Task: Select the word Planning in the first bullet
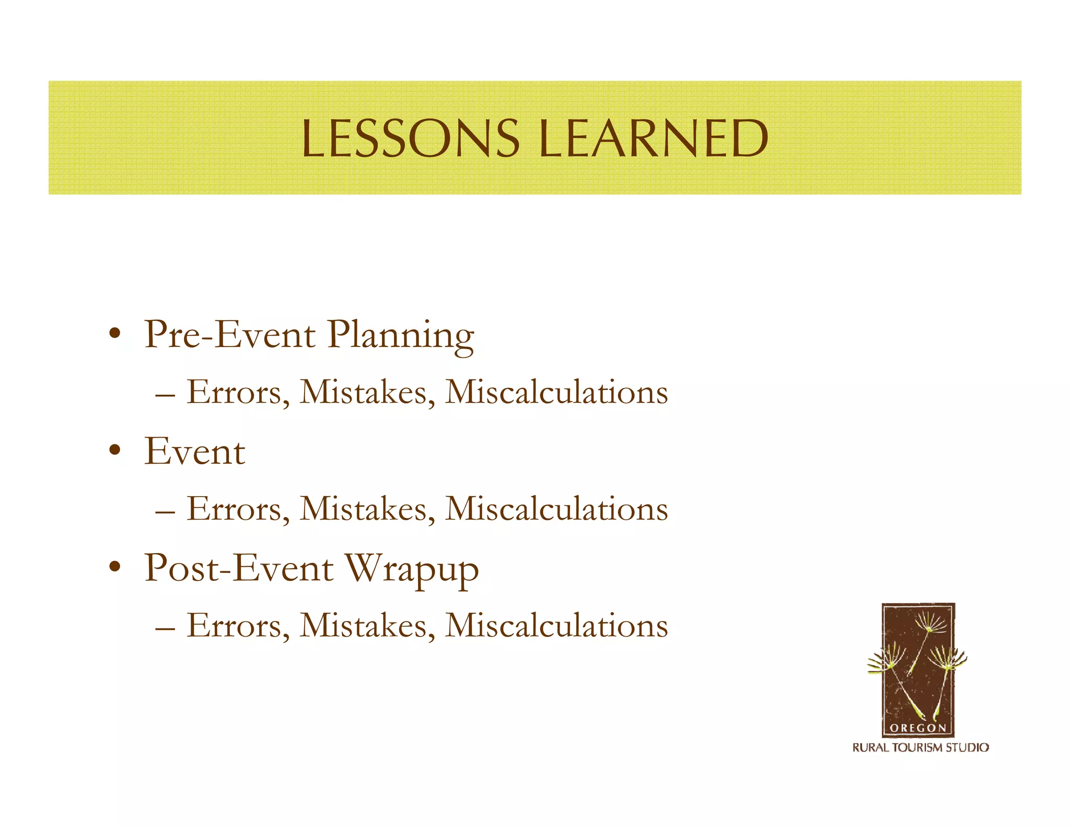click(x=401, y=336)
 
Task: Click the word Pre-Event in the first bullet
click(x=230, y=335)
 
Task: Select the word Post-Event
click(x=238, y=568)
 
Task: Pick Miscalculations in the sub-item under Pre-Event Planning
click(x=556, y=392)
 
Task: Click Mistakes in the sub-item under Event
click(x=363, y=509)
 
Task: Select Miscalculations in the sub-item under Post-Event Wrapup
click(x=556, y=625)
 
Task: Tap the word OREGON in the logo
click(x=917, y=728)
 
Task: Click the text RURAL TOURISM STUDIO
click(x=921, y=748)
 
